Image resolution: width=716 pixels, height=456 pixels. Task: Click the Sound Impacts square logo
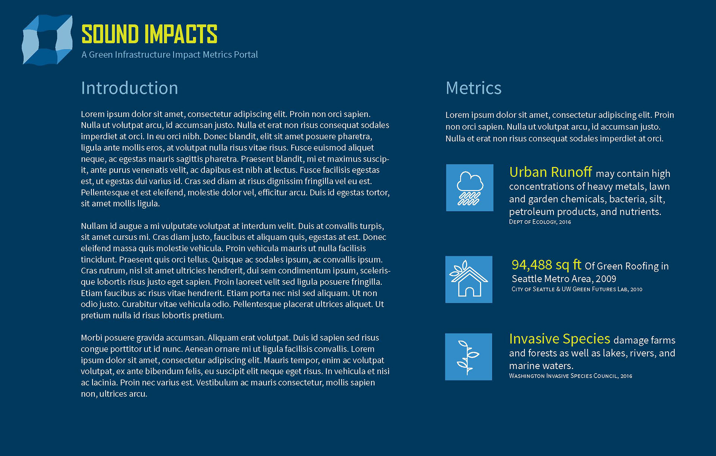click(47, 40)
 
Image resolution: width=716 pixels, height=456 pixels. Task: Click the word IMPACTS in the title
click(181, 34)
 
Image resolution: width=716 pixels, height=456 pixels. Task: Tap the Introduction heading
click(129, 88)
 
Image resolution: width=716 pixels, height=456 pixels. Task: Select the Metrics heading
click(474, 88)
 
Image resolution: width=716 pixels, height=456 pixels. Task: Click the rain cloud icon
click(470, 188)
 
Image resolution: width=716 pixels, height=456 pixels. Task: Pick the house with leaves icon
click(469, 279)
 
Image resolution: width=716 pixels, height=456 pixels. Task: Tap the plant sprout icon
click(468, 357)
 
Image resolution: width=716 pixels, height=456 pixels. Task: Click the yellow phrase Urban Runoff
click(550, 172)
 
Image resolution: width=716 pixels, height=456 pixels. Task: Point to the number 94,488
click(532, 265)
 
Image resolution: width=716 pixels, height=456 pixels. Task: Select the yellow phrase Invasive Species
click(560, 339)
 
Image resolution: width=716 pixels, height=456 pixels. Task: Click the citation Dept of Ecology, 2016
click(540, 222)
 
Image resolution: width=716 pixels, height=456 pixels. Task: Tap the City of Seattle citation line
click(577, 289)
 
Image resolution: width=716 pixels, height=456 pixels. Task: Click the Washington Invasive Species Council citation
click(571, 376)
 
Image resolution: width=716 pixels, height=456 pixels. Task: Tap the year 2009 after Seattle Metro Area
click(606, 279)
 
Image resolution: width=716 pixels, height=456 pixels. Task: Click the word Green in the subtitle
click(101, 55)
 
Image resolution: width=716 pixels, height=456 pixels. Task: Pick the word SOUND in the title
click(110, 34)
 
